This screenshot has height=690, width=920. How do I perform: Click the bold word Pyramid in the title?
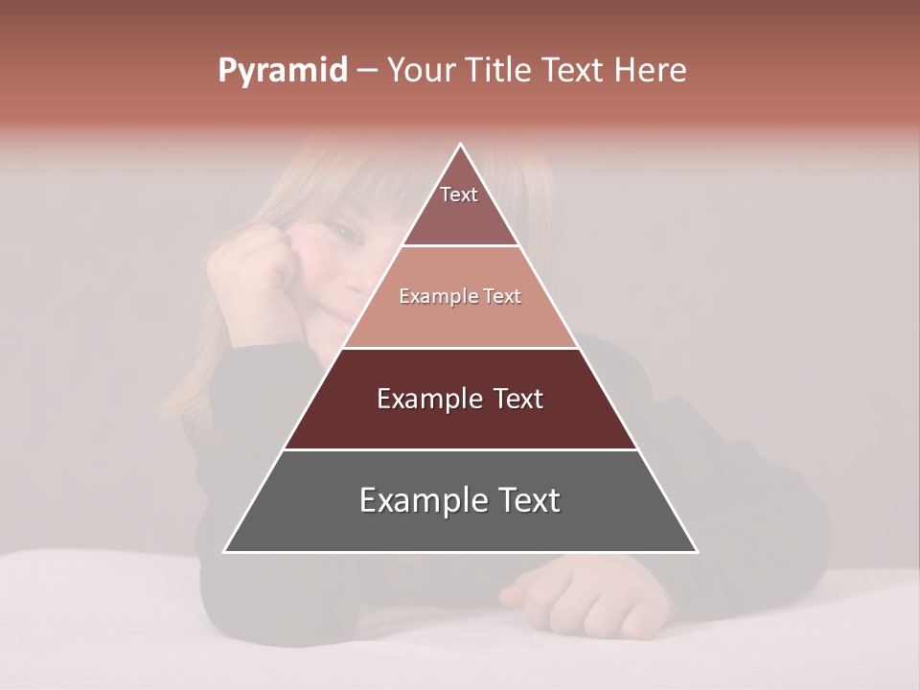click(282, 71)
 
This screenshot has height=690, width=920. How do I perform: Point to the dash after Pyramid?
click(367, 71)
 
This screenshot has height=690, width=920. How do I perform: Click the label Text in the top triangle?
click(459, 195)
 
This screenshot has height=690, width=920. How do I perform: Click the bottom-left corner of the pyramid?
click(224, 551)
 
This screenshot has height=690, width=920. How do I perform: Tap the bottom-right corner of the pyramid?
click(697, 551)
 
